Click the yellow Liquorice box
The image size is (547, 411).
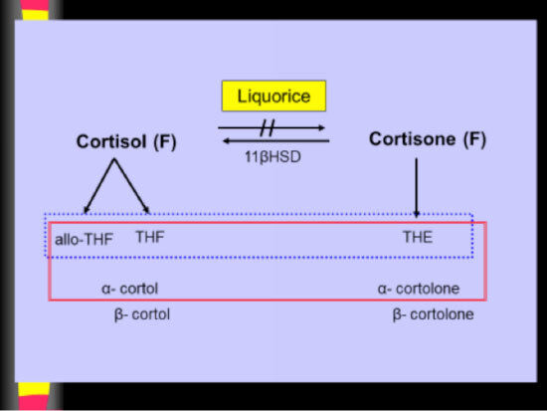click(273, 96)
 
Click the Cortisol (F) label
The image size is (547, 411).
click(126, 141)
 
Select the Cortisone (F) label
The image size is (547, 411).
click(428, 139)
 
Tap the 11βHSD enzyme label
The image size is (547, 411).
click(273, 157)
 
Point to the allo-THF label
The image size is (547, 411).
click(84, 240)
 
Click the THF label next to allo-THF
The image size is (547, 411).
click(150, 237)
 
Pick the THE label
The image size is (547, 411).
click(418, 237)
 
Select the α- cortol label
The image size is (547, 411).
click(129, 289)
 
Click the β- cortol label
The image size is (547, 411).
click(142, 314)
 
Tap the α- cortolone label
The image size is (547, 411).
click(419, 289)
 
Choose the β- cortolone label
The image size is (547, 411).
click(433, 314)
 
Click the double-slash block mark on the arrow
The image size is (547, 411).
click(268, 127)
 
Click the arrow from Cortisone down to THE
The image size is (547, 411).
click(416, 188)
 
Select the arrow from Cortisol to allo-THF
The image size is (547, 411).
click(99, 186)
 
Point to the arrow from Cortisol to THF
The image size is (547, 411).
click(132, 186)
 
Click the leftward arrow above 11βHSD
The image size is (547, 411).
click(275, 141)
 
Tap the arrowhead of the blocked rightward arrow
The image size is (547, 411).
click(321, 127)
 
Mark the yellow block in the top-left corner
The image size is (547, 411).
click(35, 15)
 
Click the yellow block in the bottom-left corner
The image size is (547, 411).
click(34, 389)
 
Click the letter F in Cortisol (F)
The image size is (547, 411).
click(165, 141)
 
